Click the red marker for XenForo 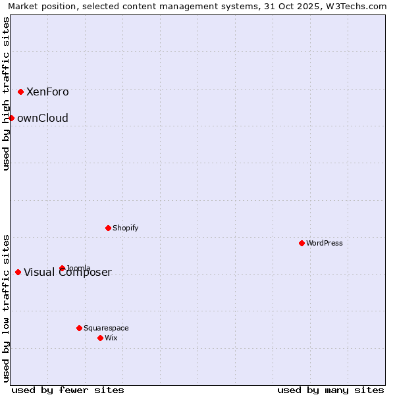21,92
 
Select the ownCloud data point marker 11,118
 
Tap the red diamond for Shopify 108,228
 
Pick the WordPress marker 302,243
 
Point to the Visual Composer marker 18,273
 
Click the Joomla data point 62,268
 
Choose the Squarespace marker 79,328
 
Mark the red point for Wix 100,338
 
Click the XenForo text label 47,92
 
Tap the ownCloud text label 43,118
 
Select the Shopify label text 125,228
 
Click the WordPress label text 325,244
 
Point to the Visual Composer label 68,273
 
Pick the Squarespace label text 106,329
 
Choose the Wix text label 111,338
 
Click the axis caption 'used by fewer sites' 68,390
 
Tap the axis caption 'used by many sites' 330,390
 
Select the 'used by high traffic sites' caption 6,93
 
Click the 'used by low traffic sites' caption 6,307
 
